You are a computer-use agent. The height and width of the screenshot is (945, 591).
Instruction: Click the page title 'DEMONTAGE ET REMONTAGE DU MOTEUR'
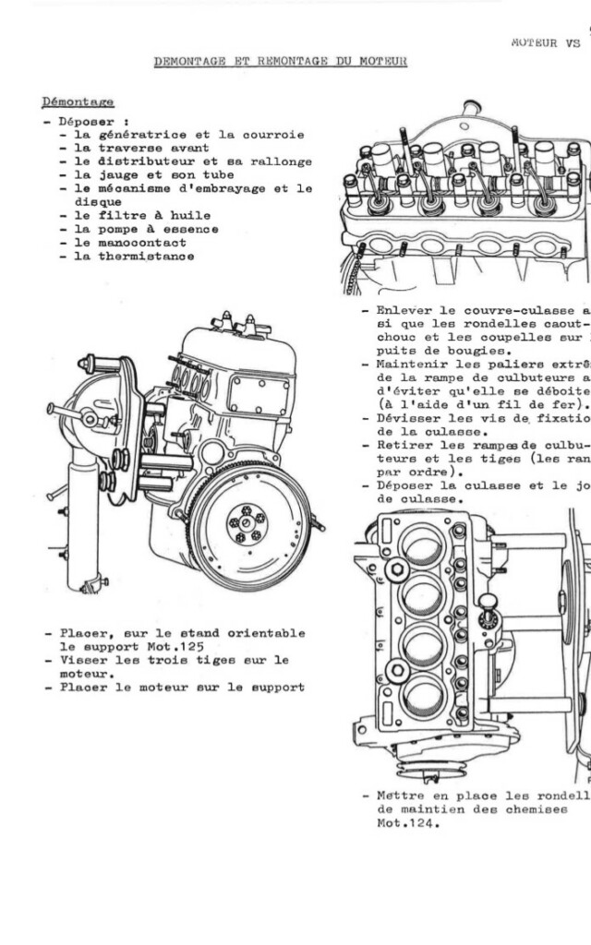[280, 61]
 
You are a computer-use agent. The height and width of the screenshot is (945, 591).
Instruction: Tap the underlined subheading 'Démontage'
[78, 101]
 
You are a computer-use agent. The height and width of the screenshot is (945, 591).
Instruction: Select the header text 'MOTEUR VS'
[545, 42]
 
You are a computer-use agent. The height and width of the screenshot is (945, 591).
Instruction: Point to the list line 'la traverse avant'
[141, 148]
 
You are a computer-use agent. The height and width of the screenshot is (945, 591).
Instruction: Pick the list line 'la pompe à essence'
[146, 229]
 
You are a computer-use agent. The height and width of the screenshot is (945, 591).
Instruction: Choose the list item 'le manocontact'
[129, 243]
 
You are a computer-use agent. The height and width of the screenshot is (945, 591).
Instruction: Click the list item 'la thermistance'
[134, 257]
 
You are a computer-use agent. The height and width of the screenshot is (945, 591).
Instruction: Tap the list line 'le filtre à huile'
[141, 215]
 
